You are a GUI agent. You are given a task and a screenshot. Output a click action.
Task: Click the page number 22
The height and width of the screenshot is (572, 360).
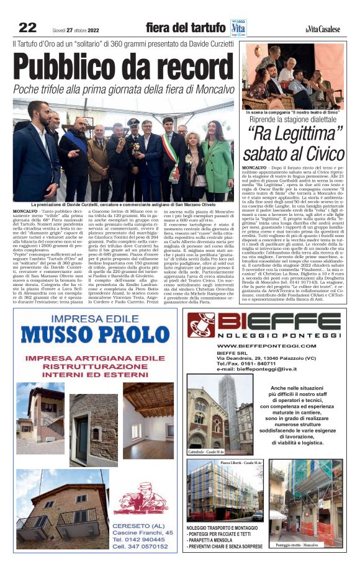point(28,27)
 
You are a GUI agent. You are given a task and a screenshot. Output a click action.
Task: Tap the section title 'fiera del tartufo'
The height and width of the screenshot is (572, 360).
point(186,28)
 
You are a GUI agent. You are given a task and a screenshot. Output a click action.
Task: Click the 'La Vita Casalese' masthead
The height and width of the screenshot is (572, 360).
point(323,29)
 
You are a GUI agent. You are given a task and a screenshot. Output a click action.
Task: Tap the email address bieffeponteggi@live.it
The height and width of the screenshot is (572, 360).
point(259,369)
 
